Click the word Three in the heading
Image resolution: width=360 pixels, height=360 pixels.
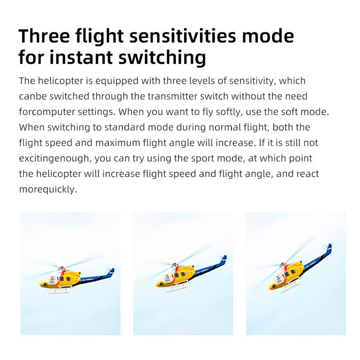(44, 36)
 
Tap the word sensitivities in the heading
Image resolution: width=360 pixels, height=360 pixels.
(183, 36)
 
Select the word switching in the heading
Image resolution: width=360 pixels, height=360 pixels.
(162, 57)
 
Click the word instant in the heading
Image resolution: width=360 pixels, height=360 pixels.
(81, 57)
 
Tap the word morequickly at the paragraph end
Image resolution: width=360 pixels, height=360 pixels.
(48, 190)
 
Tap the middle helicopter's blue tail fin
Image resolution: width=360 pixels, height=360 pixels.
(224, 260)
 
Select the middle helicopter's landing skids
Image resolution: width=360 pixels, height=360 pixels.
(176, 288)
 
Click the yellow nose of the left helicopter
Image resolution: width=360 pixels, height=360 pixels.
(43, 285)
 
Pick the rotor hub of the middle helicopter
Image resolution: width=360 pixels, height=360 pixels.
(175, 265)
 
